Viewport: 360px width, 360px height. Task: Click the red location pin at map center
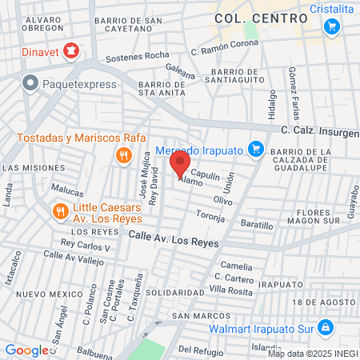pos(179,166)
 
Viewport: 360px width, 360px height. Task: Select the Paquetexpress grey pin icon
pos(30,82)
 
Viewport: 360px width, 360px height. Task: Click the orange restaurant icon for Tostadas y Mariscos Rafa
pos(122,155)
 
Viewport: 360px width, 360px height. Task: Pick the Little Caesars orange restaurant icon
pos(61,211)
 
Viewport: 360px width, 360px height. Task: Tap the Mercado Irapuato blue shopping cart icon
pos(255,149)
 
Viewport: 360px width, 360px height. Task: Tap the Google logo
pos(26,350)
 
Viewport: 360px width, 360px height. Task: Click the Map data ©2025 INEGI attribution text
pos(313,353)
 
